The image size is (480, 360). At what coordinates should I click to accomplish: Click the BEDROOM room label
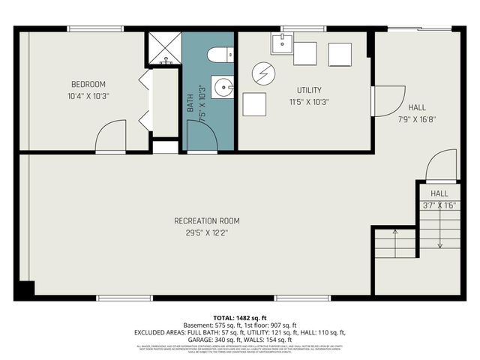click(88, 84)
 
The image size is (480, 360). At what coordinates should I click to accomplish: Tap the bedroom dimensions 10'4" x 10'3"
click(88, 95)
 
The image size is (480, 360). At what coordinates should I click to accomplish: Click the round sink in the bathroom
click(223, 88)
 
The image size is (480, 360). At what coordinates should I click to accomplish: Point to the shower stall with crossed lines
click(163, 49)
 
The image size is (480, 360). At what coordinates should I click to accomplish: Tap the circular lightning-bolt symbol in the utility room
click(262, 73)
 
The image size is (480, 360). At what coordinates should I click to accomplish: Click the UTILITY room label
click(308, 90)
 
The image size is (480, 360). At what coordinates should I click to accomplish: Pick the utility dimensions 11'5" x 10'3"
click(308, 101)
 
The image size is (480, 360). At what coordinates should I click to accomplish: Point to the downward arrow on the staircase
click(439, 232)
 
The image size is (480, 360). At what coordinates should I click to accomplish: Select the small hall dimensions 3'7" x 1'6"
click(439, 204)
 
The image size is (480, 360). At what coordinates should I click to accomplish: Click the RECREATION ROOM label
click(207, 220)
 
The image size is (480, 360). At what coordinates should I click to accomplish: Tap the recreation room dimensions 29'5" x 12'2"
click(207, 232)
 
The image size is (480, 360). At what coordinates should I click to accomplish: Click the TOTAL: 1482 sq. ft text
click(239, 319)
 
